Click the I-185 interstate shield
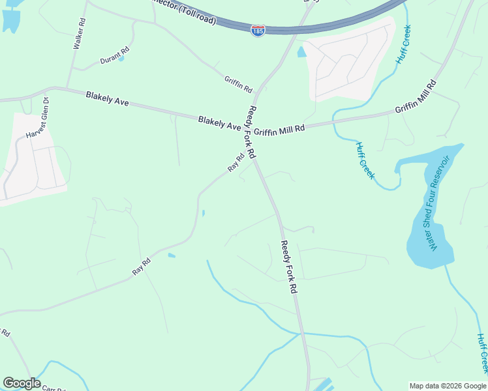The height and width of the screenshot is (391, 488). pyautogui.click(x=258, y=31)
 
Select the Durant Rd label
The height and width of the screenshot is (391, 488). pyautogui.click(x=114, y=55)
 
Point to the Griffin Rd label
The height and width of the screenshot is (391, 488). pyautogui.click(x=238, y=83)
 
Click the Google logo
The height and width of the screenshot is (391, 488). pyautogui.click(x=22, y=383)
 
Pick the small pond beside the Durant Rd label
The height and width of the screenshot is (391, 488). pyautogui.click(x=121, y=59)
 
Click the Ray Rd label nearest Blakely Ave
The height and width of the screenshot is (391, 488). pyautogui.click(x=236, y=162)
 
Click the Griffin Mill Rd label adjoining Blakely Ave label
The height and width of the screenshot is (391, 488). pyautogui.click(x=279, y=130)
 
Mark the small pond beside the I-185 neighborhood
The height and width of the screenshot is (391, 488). pyautogui.click(x=301, y=51)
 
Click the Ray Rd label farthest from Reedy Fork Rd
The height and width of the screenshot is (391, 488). pyautogui.click(x=142, y=267)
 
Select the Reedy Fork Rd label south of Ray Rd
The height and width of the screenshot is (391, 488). pyautogui.click(x=289, y=267)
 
